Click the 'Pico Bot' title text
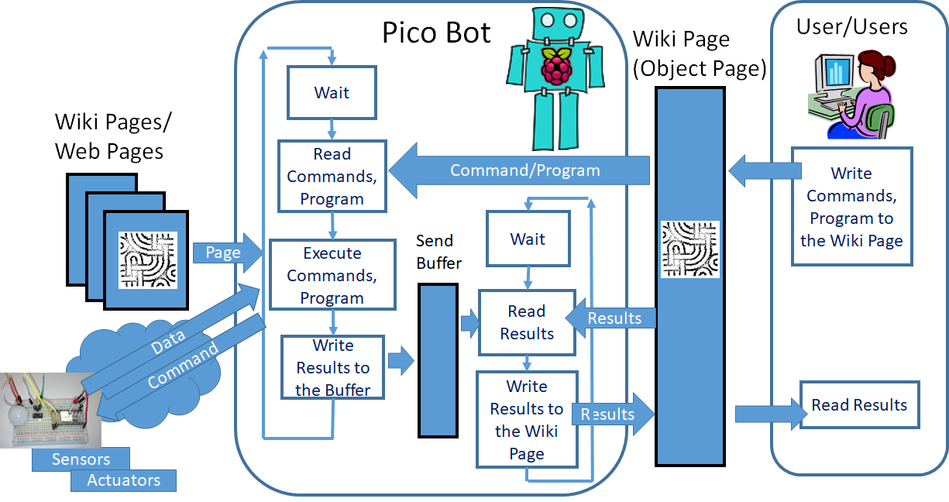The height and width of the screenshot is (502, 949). tap(436, 33)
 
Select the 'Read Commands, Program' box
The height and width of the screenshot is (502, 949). tap(332, 177)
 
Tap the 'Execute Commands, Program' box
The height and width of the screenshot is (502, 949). tap(332, 275)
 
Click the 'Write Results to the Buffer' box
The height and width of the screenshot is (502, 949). tap(332, 367)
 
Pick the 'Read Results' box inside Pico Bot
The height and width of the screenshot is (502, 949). tap(527, 322)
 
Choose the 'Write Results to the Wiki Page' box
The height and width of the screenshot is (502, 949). tap(527, 419)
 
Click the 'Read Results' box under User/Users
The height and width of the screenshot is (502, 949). tap(859, 404)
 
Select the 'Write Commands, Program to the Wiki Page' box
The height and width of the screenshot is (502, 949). tap(851, 207)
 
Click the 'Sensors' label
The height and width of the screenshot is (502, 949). tap(81, 459)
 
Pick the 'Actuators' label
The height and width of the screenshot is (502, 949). tap(123, 480)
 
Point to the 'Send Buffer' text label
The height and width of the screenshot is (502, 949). tap(438, 252)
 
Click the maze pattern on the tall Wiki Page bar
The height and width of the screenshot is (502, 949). tap(689, 249)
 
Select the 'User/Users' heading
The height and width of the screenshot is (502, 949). tap(851, 27)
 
